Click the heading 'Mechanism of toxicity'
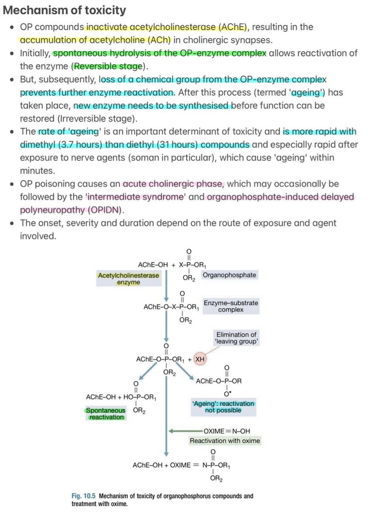click(x=64, y=10)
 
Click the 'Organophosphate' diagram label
click(x=229, y=275)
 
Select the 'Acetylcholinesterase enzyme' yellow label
click(x=128, y=279)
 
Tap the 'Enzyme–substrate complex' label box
click(x=231, y=306)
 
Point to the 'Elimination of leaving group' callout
click(x=236, y=338)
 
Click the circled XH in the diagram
click(x=200, y=359)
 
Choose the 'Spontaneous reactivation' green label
click(x=106, y=414)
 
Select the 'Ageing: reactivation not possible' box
click(x=223, y=407)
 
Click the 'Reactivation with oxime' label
click(x=225, y=441)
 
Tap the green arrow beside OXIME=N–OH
click(x=185, y=431)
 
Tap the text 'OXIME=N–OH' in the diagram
click(x=227, y=431)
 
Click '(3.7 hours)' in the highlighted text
click(x=80, y=145)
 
